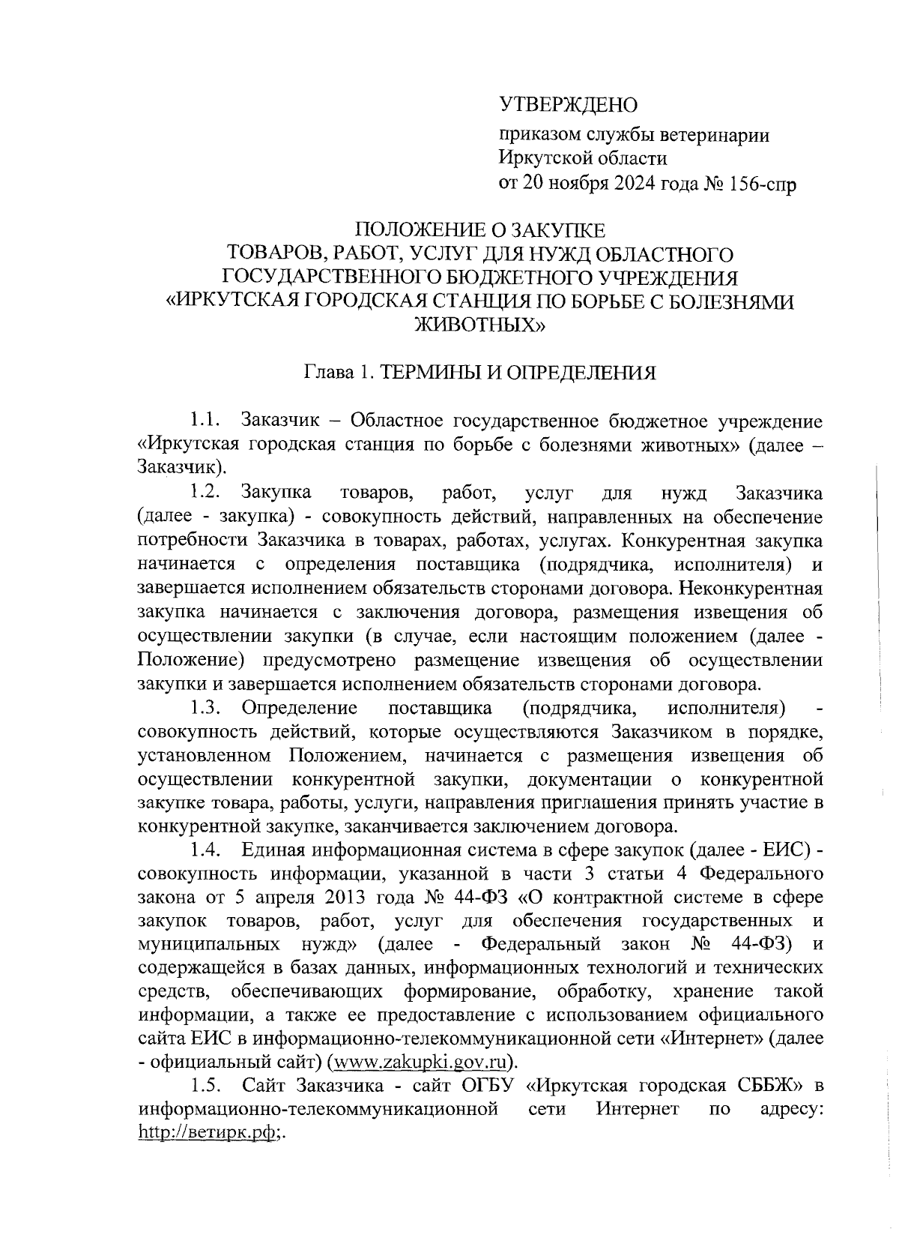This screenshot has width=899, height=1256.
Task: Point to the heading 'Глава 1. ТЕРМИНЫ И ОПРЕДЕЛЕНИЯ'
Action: coord(479,373)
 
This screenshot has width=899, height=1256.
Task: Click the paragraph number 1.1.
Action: coord(205,421)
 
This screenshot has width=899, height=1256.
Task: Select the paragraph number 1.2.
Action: coord(205,493)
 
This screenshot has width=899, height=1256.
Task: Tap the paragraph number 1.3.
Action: coord(205,708)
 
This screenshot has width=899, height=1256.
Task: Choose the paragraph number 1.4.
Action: coord(205,851)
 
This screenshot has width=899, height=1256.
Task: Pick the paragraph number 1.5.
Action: coord(205,1085)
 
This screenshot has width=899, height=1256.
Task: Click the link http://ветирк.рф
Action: coord(208,1133)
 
